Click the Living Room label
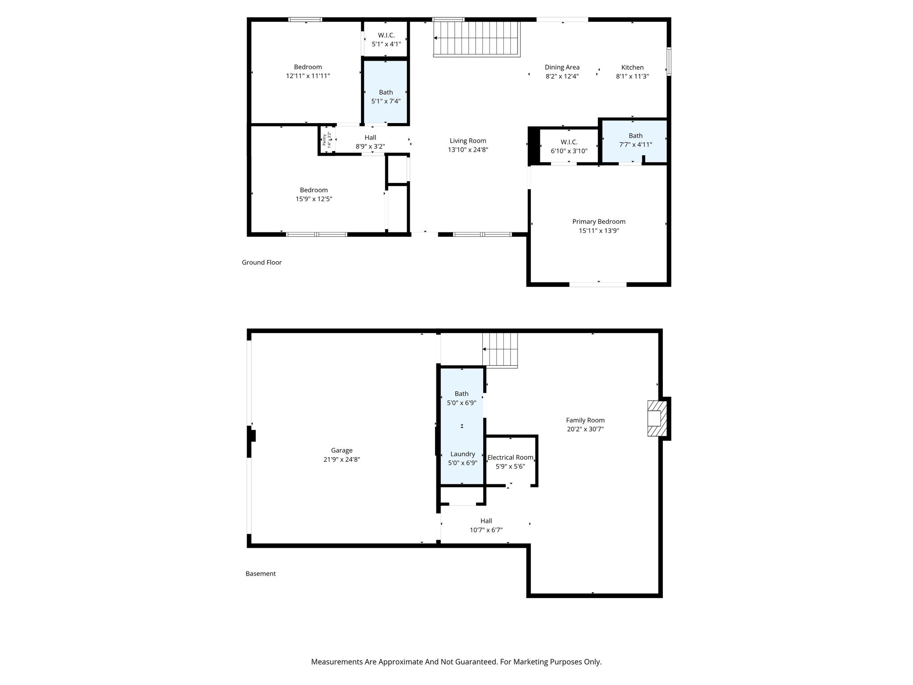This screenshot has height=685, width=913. (x=468, y=141)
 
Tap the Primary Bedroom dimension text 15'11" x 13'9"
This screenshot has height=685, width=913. (x=599, y=231)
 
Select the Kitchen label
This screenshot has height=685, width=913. (x=632, y=67)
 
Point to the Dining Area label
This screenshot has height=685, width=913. (x=562, y=67)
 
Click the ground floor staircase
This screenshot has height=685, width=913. (x=477, y=39)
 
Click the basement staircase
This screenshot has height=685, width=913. (x=500, y=350)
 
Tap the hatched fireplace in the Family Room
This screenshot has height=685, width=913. (x=657, y=418)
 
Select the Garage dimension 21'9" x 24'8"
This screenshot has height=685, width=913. (x=341, y=459)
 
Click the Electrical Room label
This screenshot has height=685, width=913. (x=510, y=457)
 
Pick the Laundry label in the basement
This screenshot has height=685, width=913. (x=462, y=454)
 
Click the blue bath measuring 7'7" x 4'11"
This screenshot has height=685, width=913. (x=635, y=141)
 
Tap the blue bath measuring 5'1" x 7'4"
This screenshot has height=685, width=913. (x=386, y=92)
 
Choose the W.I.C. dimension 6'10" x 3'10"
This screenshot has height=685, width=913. (x=569, y=151)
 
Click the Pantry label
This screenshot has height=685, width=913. (x=325, y=140)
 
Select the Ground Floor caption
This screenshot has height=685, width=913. (x=262, y=262)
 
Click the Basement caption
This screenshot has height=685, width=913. (x=260, y=574)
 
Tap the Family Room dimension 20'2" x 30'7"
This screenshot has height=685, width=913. (x=585, y=429)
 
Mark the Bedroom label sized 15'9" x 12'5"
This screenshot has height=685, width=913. (x=314, y=190)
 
